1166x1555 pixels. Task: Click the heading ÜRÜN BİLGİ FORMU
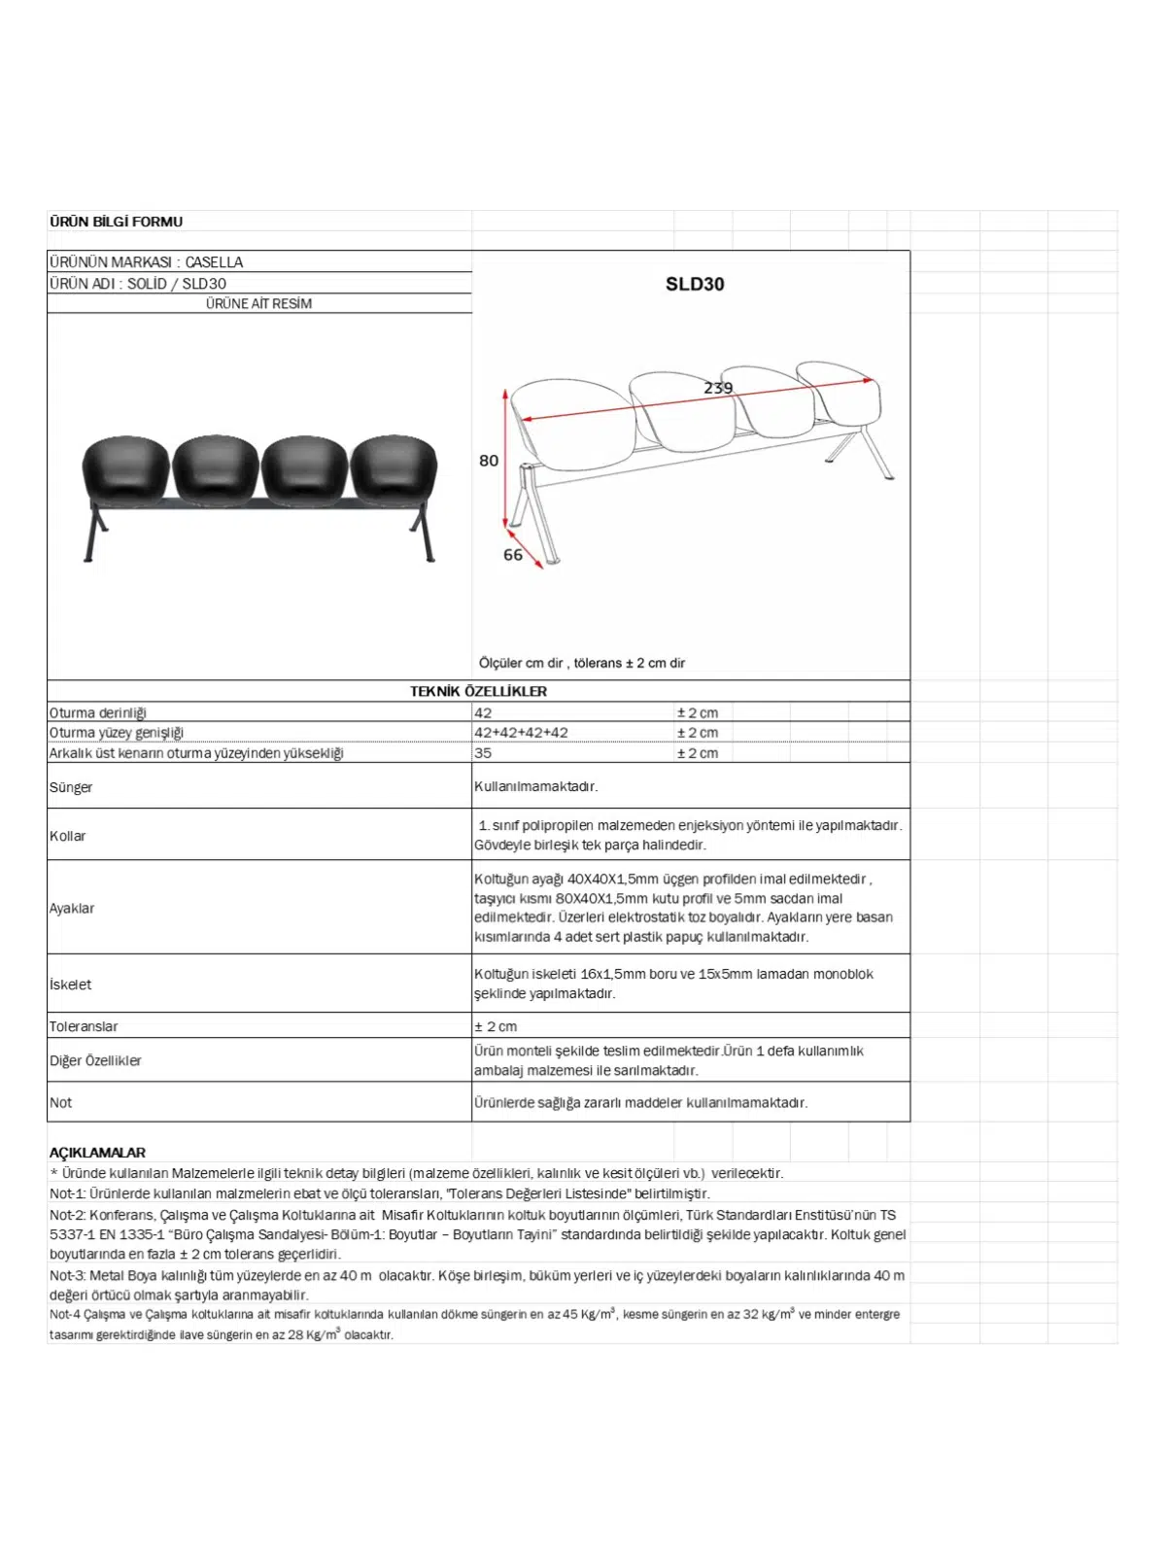tap(116, 222)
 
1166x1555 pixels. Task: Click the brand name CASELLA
tap(214, 262)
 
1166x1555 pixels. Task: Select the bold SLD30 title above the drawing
tap(694, 284)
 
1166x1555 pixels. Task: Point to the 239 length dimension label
tap(718, 388)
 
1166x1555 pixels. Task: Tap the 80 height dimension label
tap(489, 461)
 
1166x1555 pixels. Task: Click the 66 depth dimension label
tap(513, 555)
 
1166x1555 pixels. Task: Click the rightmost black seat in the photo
tap(394, 471)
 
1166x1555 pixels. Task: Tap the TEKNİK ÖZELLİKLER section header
tap(478, 691)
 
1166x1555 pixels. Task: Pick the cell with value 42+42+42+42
tap(521, 733)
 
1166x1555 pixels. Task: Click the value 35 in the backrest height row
tap(483, 753)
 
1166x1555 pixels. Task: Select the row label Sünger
tap(71, 787)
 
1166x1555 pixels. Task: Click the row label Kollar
tap(68, 836)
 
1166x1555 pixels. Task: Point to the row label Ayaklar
tap(72, 908)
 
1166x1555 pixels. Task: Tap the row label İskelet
tap(71, 985)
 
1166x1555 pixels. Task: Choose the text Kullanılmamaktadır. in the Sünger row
tap(535, 786)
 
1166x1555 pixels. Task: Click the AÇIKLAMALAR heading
tap(97, 1153)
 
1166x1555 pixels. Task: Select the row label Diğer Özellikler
tap(95, 1060)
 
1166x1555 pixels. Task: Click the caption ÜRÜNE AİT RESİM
tap(258, 303)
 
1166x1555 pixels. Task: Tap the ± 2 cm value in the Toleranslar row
tap(496, 1026)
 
